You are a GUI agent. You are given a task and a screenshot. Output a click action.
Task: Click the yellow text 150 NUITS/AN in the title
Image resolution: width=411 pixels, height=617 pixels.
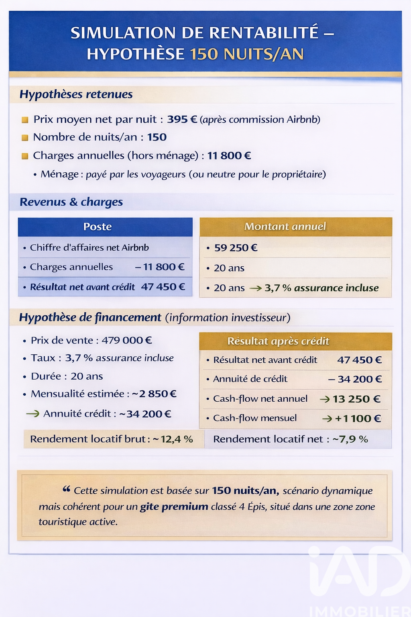(247, 54)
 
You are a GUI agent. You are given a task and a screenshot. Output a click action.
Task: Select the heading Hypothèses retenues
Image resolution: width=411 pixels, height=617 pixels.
(76, 94)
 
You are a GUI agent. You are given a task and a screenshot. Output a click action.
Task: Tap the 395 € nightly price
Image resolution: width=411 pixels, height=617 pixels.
(182, 119)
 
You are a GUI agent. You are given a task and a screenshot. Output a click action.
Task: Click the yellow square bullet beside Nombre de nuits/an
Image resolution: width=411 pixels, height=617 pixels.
(25, 138)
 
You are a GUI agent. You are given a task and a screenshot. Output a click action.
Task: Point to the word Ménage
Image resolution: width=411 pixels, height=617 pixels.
(60, 174)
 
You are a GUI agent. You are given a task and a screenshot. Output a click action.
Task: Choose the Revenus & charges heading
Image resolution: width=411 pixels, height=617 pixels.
(71, 202)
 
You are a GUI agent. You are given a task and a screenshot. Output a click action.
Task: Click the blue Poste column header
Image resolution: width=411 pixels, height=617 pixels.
(98, 227)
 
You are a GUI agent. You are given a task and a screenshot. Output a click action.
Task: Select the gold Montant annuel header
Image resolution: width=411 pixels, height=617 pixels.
(285, 227)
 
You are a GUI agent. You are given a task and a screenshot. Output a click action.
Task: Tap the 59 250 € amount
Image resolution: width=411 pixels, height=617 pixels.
(236, 248)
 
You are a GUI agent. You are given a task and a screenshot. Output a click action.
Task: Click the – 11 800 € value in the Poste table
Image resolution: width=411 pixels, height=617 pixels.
(160, 267)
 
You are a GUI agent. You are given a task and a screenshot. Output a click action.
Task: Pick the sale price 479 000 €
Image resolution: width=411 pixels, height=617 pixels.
(126, 341)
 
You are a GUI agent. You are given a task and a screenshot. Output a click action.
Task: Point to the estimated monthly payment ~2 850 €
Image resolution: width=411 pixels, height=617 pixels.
(154, 394)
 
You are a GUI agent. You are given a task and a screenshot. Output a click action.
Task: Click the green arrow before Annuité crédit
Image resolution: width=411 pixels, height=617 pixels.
(33, 414)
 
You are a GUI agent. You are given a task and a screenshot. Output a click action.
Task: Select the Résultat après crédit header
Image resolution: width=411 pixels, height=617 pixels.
(278, 341)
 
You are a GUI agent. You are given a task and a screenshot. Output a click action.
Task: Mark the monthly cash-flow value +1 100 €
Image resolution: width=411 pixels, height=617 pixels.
(358, 419)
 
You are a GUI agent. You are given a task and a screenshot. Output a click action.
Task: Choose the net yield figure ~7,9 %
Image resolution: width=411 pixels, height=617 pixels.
(350, 439)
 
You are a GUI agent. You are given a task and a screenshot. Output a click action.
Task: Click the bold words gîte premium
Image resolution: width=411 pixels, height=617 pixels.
(174, 507)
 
